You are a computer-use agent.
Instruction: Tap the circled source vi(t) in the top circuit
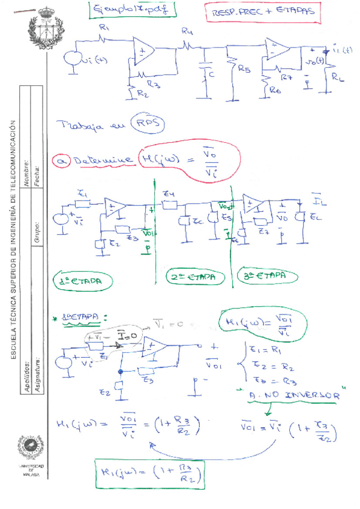[x=74, y=59]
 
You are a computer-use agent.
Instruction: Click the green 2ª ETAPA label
[x=196, y=278]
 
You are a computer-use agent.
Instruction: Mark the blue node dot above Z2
[x=121, y=372]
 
